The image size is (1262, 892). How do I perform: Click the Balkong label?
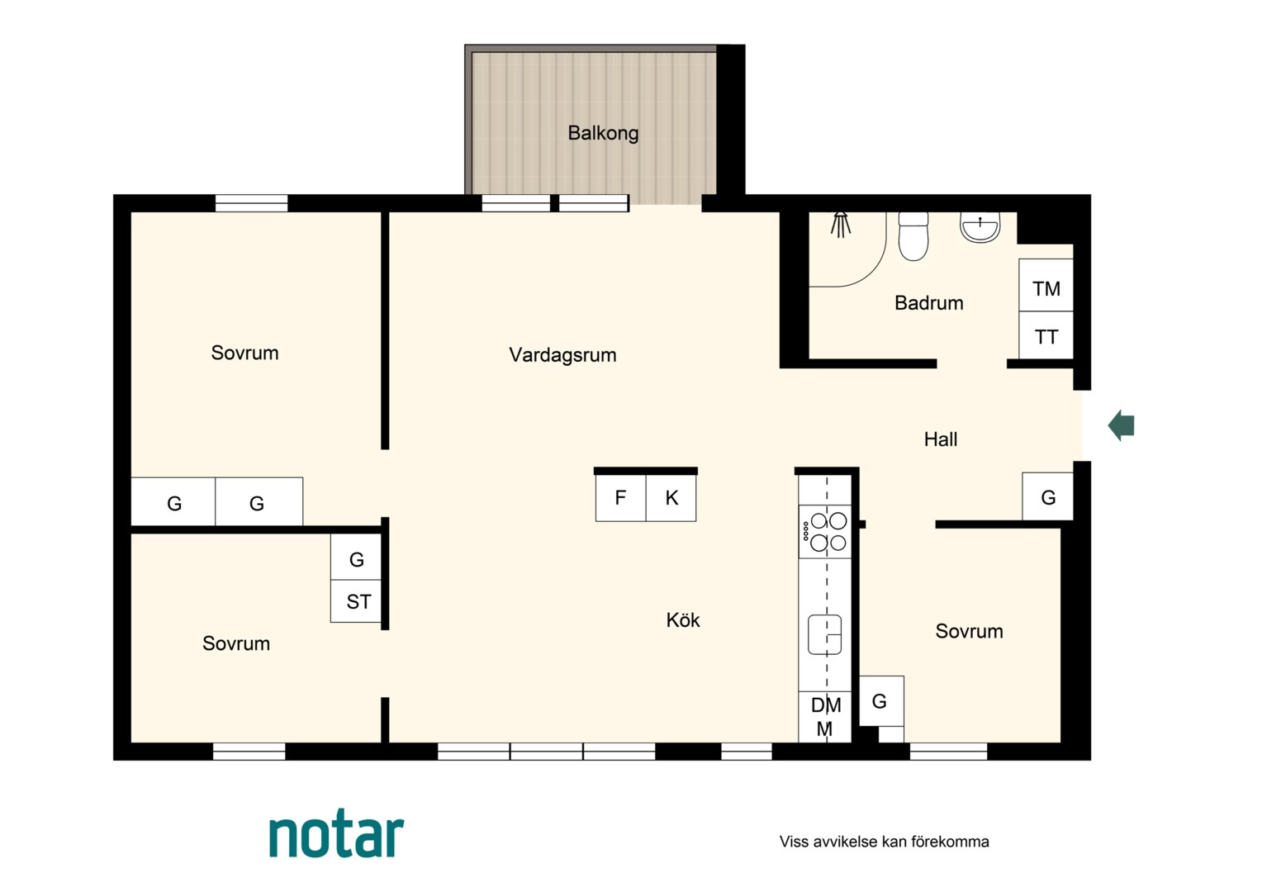point(603,134)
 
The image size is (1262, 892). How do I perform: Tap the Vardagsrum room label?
point(562,355)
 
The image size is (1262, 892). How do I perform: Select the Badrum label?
point(928,303)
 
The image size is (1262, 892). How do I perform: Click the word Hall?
point(940,439)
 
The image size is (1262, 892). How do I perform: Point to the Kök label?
point(683,620)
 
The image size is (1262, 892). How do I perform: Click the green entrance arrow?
point(1121,425)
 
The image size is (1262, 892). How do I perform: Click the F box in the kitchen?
point(621,498)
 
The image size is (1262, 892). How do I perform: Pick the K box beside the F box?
point(671,498)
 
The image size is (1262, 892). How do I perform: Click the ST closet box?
point(356,601)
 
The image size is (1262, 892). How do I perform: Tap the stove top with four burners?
point(825,531)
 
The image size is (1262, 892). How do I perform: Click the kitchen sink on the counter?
point(825,634)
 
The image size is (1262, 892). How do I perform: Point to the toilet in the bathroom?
point(913,236)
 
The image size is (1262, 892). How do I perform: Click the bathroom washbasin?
point(980,227)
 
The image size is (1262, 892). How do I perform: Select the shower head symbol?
point(841,225)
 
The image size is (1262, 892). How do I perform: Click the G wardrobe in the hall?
point(1048,496)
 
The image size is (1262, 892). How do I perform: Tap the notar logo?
point(337,836)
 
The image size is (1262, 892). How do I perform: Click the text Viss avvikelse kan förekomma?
point(884,842)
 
